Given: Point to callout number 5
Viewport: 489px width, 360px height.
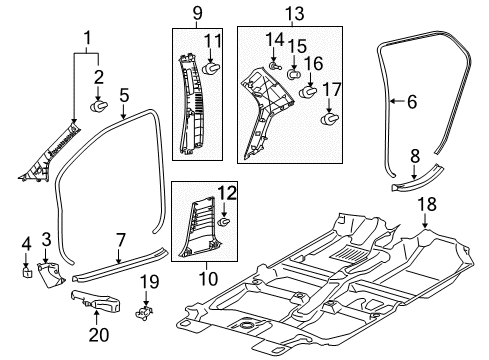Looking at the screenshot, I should (x=124, y=97).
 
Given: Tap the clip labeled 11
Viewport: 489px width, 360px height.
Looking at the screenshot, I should (x=211, y=67).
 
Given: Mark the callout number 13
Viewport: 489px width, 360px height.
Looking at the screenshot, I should (x=293, y=14).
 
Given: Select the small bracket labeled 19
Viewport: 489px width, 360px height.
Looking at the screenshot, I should (x=148, y=313).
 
